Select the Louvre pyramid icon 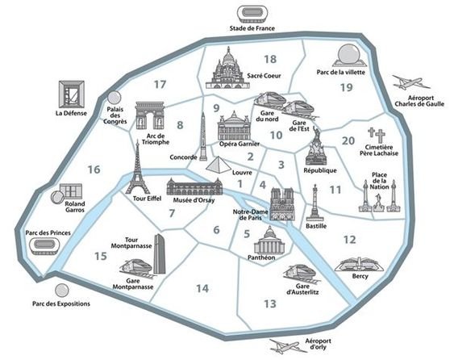(218, 164)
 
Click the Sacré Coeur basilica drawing (229, 68)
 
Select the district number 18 (270, 59)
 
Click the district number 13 (270, 303)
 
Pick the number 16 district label (94, 170)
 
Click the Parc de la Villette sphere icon (348, 55)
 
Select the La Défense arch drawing (70, 93)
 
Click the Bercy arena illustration (359, 265)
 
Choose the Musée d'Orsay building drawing (190, 189)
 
